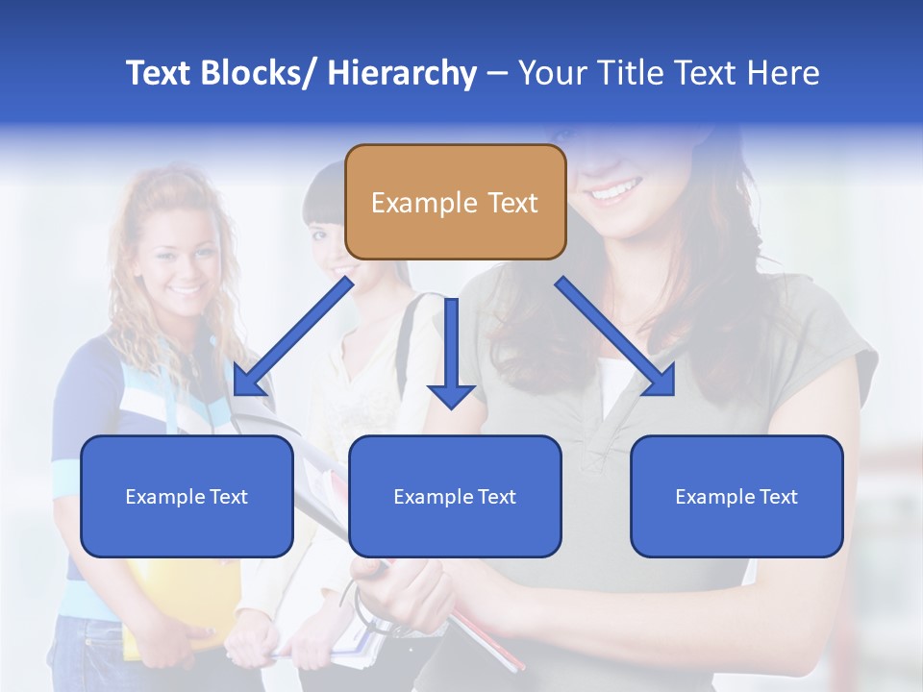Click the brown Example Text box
(x=455, y=202)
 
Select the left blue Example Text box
(x=187, y=496)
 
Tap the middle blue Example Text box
(x=455, y=496)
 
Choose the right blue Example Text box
(x=736, y=496)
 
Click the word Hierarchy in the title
(x=401, y=73)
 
